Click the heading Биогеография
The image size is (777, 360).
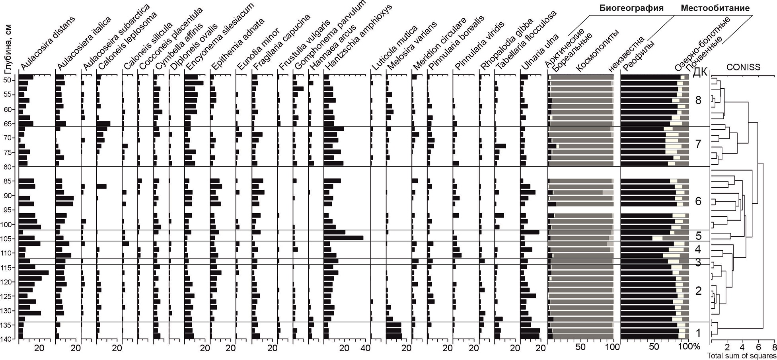tap(631, 8)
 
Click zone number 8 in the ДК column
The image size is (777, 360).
tap(698, 100)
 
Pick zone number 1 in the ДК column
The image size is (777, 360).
tap(698, 333)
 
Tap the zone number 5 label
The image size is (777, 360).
tap(698, 236)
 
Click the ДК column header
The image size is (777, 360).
tap(700, 72)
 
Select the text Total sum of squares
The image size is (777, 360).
tap(741, 356)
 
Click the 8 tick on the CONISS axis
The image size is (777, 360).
tap(774, 347)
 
